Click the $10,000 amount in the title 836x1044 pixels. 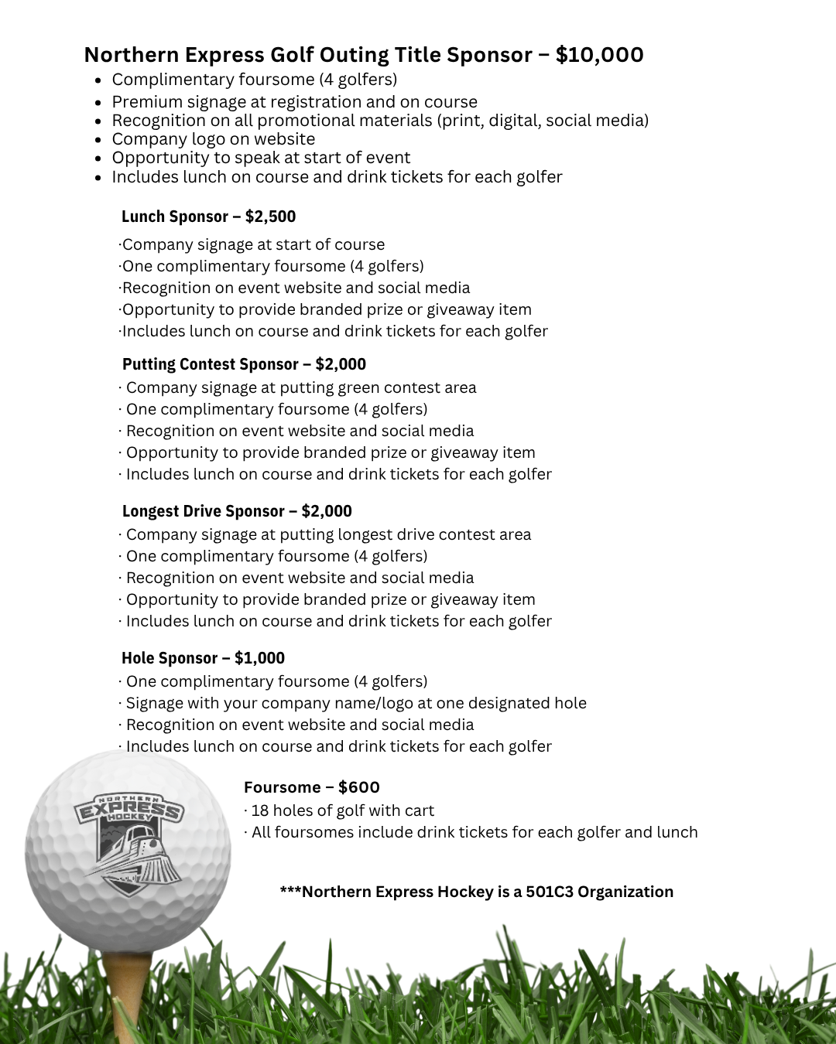click(599, 55)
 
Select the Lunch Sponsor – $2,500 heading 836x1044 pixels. click(208, 217)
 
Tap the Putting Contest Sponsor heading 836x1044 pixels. click(244, 364)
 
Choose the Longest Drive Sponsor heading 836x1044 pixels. click(237, 511)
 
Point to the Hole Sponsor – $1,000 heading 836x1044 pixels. click(203, 658)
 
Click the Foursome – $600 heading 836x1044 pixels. click(311, 787)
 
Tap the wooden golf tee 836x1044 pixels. click(126, 990)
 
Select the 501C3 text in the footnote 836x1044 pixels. click(549, 892)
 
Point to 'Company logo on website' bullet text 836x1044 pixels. click(213, 139)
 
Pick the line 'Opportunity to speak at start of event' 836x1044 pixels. click(261, 158)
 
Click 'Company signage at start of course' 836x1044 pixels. click(252, 244)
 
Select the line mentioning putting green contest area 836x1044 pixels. click(300, 387)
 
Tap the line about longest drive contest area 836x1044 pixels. click(328, 534)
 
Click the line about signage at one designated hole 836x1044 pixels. click(355, 703)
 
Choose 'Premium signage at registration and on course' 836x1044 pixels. click(294, 102)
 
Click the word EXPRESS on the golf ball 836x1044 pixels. click(128, 809)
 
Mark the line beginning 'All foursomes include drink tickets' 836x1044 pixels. click(474, 832)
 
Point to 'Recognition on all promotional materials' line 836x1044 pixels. click(379, 121)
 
